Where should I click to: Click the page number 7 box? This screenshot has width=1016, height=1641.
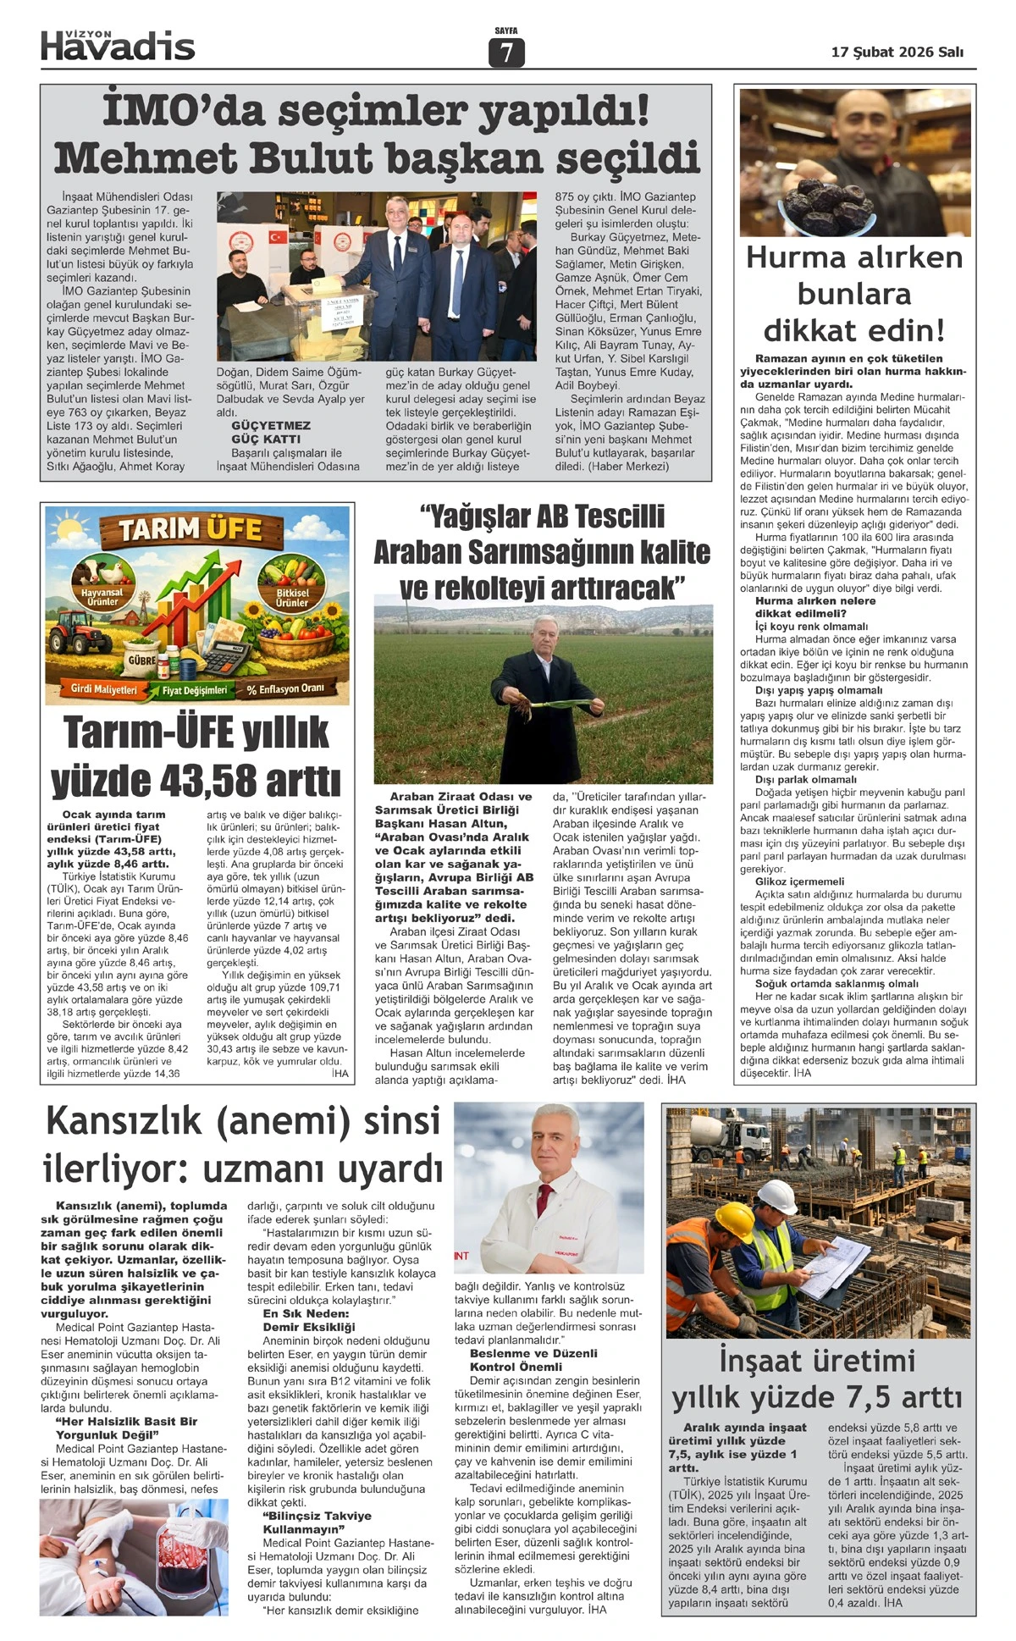[x=506, y=53]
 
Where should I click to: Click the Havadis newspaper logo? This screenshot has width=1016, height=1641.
[x=118, y=46]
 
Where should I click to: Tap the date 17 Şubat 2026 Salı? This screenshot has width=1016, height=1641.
[x=897, y=52]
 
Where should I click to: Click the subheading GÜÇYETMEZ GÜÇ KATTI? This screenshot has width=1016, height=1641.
[x=271, y=432]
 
